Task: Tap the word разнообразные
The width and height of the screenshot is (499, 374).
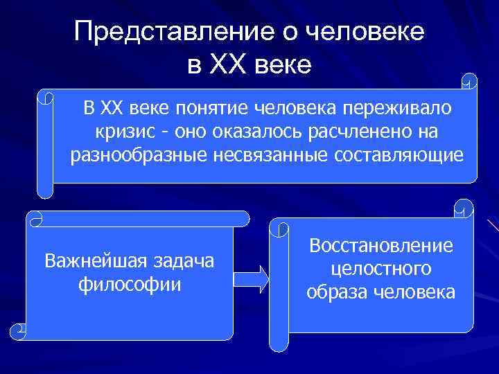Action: (137, 155)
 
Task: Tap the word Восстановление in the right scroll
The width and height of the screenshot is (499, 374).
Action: (381, 245)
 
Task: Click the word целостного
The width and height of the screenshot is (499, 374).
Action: (381, 268)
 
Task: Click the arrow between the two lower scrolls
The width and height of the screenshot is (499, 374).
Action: (251, 276)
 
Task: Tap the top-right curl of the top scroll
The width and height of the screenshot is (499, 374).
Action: (470, 82)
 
